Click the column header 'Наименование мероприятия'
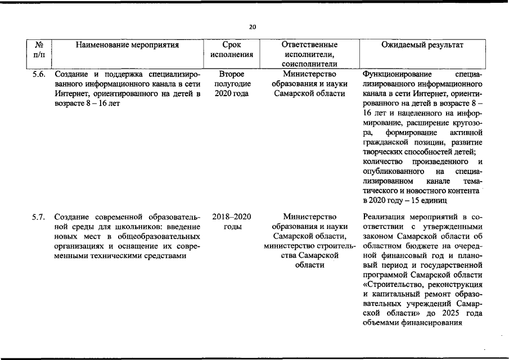tap(127, 44)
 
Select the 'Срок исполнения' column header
tap(232, 49)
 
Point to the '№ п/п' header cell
tap(39, 49)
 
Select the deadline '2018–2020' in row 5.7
tap(232, 217)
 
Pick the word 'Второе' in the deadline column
tap(231, 74)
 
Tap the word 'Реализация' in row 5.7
tap(385, 217)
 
